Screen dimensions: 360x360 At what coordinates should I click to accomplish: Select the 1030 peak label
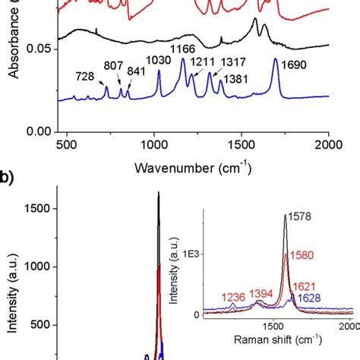coord(159,61)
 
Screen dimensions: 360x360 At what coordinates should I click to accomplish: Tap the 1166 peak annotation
coord(183,50)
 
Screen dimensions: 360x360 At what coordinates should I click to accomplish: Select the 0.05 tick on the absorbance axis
coord(37,49)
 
